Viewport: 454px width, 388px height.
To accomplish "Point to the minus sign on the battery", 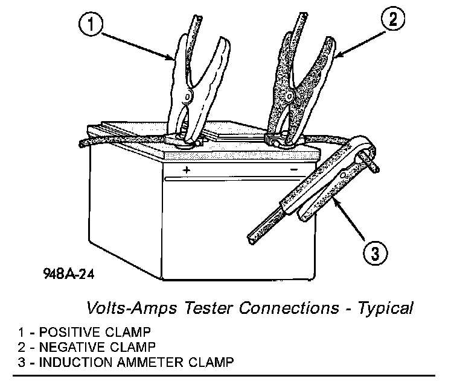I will point(293,170).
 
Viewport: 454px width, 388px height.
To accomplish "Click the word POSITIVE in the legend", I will point(72,333).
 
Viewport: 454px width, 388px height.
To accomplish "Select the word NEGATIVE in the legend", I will point(74,347).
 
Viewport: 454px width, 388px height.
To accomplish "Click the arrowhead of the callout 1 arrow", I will point(173,58).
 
